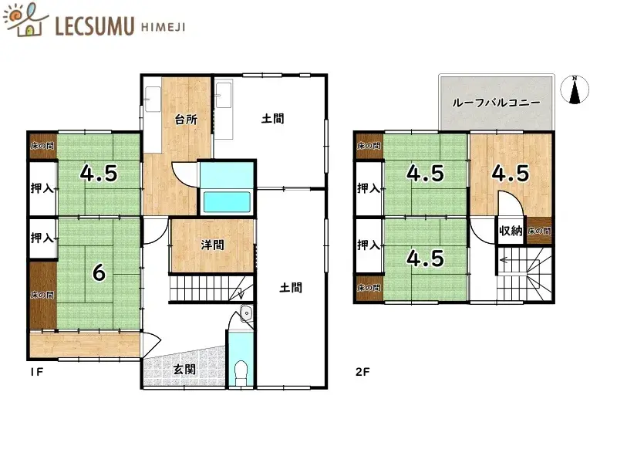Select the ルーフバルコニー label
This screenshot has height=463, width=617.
point(496,103)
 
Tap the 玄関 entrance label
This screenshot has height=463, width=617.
point(184,369)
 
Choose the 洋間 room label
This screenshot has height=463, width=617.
point(212,245)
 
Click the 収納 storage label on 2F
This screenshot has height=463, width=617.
point(510,230)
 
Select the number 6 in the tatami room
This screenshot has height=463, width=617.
point(98,272)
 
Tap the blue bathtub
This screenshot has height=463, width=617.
point(227,202)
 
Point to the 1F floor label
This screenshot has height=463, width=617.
point(37,372)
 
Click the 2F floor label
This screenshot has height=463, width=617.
point(363,372)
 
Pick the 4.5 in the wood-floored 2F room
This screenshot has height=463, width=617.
point(511,174)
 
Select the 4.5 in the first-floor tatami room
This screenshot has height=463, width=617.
point(99,174)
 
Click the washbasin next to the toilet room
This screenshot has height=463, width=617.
point(245,313)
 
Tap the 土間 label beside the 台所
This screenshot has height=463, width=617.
point(272,119)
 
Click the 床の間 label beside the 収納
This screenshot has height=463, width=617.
point(539,231)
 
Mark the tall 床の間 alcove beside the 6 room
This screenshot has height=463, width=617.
point(42,294)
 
